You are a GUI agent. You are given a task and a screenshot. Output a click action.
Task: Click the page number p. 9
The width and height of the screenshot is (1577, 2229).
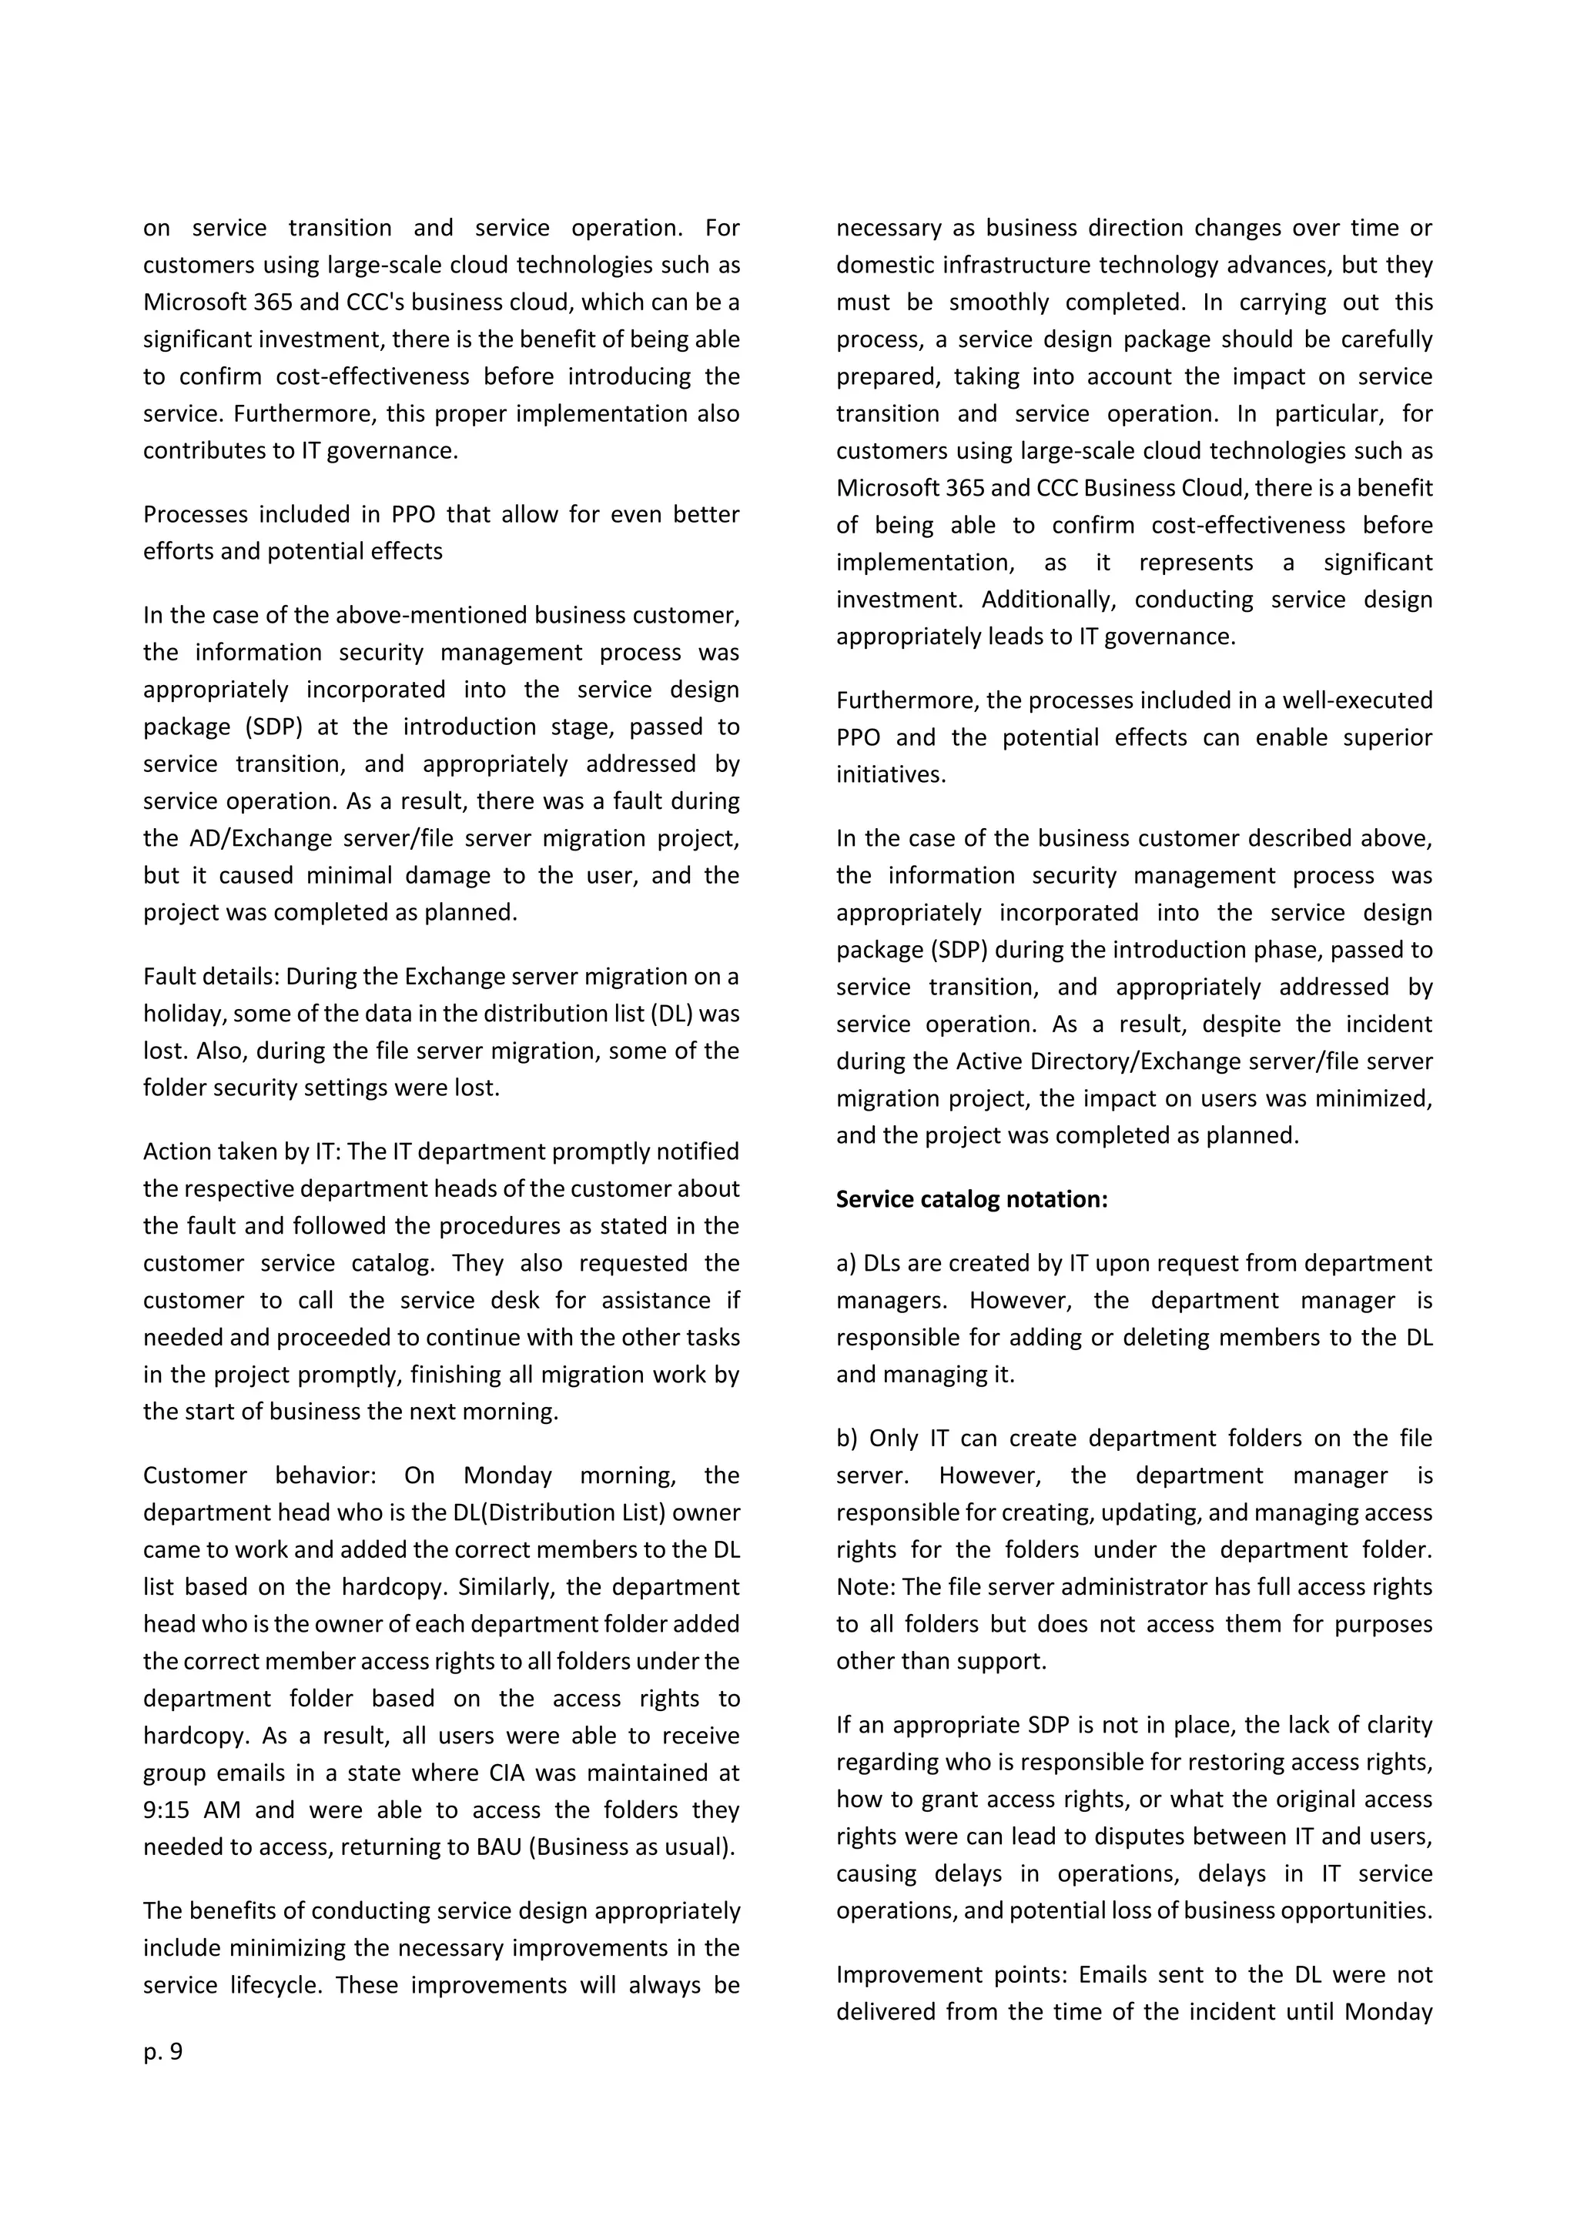(162, 2051)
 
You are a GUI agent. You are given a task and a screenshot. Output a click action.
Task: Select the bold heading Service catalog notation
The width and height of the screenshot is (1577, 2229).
(971, 1199)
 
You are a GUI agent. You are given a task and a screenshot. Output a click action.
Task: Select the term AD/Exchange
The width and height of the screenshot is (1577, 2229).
(244, 838)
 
